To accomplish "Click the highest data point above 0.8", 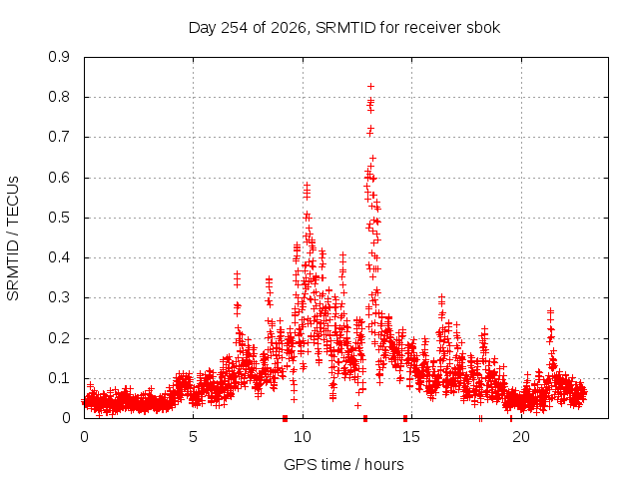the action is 370,87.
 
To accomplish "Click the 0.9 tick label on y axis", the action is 59,57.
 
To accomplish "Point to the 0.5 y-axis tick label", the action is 59,218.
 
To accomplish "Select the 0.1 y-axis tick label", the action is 59,378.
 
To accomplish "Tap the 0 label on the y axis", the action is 66,418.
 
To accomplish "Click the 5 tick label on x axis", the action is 193,437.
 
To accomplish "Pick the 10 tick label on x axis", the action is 303,437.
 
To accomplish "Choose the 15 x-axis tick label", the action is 411,437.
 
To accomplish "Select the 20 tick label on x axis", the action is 521,437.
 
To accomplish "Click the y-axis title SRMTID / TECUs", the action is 13,239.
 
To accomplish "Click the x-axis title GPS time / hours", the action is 343,464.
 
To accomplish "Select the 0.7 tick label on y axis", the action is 59,137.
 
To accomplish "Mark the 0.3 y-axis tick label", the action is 59,297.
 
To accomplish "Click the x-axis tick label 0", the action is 84,437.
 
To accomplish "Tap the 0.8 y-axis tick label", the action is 59,97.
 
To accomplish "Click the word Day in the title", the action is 203,28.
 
